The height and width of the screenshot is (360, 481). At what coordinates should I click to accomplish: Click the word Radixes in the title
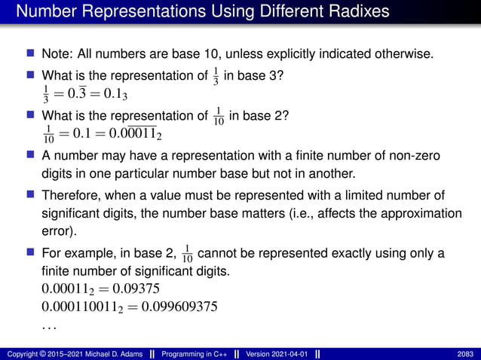(x=353, y=13)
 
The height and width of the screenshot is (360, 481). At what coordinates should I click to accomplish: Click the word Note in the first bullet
(x=56, y=55)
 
